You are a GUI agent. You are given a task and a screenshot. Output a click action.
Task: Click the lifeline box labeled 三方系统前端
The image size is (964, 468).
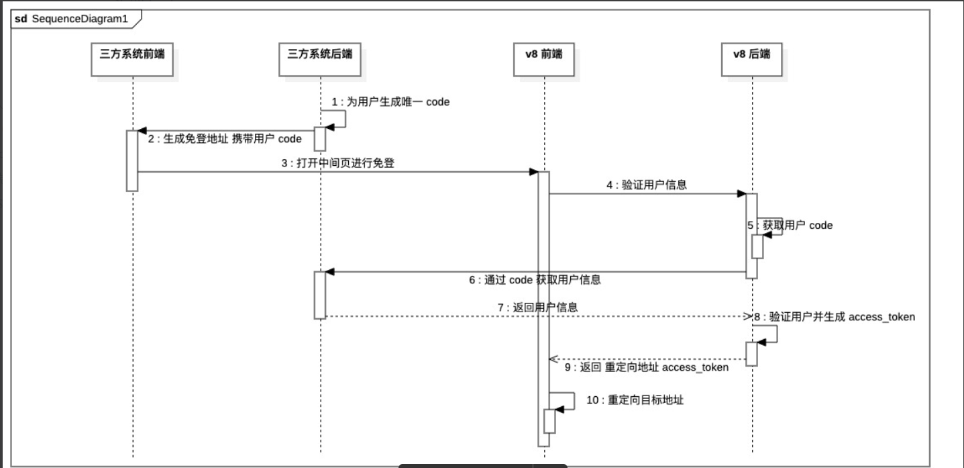[132, 55]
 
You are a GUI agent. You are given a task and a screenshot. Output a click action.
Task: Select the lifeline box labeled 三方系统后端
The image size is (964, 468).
[320, 55]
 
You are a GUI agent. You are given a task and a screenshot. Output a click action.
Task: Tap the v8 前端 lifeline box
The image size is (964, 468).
[543, 55]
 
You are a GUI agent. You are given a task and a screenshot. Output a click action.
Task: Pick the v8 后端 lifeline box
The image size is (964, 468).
[751, 55]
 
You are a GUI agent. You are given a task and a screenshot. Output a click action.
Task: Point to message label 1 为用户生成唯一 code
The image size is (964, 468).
[390, 102]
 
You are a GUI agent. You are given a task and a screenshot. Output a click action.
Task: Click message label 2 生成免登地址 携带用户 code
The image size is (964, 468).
[225, 138]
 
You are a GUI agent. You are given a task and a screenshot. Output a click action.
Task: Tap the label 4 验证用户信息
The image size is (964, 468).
[646, 185]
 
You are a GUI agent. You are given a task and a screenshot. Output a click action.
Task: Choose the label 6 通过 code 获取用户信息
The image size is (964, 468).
[535, 280]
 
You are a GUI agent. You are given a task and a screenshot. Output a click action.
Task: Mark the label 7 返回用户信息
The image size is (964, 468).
[537, 308]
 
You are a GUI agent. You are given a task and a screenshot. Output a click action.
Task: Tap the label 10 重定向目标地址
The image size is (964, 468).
[635, 400]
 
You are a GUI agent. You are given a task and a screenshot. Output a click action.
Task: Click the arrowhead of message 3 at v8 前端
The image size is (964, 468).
[534, 172]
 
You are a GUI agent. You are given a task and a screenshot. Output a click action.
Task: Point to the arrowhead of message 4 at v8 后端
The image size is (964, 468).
[742, 194]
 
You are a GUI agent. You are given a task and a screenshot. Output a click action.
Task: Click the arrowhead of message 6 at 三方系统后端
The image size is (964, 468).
[329, 272]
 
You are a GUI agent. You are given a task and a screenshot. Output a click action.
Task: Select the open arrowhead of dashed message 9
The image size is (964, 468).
[553, 359]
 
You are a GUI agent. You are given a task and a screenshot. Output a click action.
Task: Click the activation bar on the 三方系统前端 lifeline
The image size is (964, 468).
[132, 161]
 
